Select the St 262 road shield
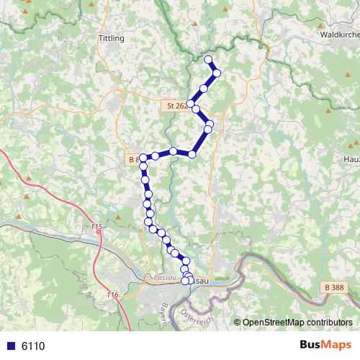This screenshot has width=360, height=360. tap(176, 105)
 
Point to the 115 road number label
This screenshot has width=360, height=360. tap(97, 228)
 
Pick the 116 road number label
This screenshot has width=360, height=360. tap(111, 295)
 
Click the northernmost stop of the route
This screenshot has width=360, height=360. tap(209, 60)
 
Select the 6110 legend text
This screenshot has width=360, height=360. tap(33, 346)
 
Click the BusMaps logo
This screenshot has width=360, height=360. tap(326, 345)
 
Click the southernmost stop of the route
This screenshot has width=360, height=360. tap(185, 282)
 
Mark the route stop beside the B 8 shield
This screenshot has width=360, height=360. tap(143, 158)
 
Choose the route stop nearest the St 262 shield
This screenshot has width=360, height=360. tap(191, 104)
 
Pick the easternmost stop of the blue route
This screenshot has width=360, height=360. tap(216, 73)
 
